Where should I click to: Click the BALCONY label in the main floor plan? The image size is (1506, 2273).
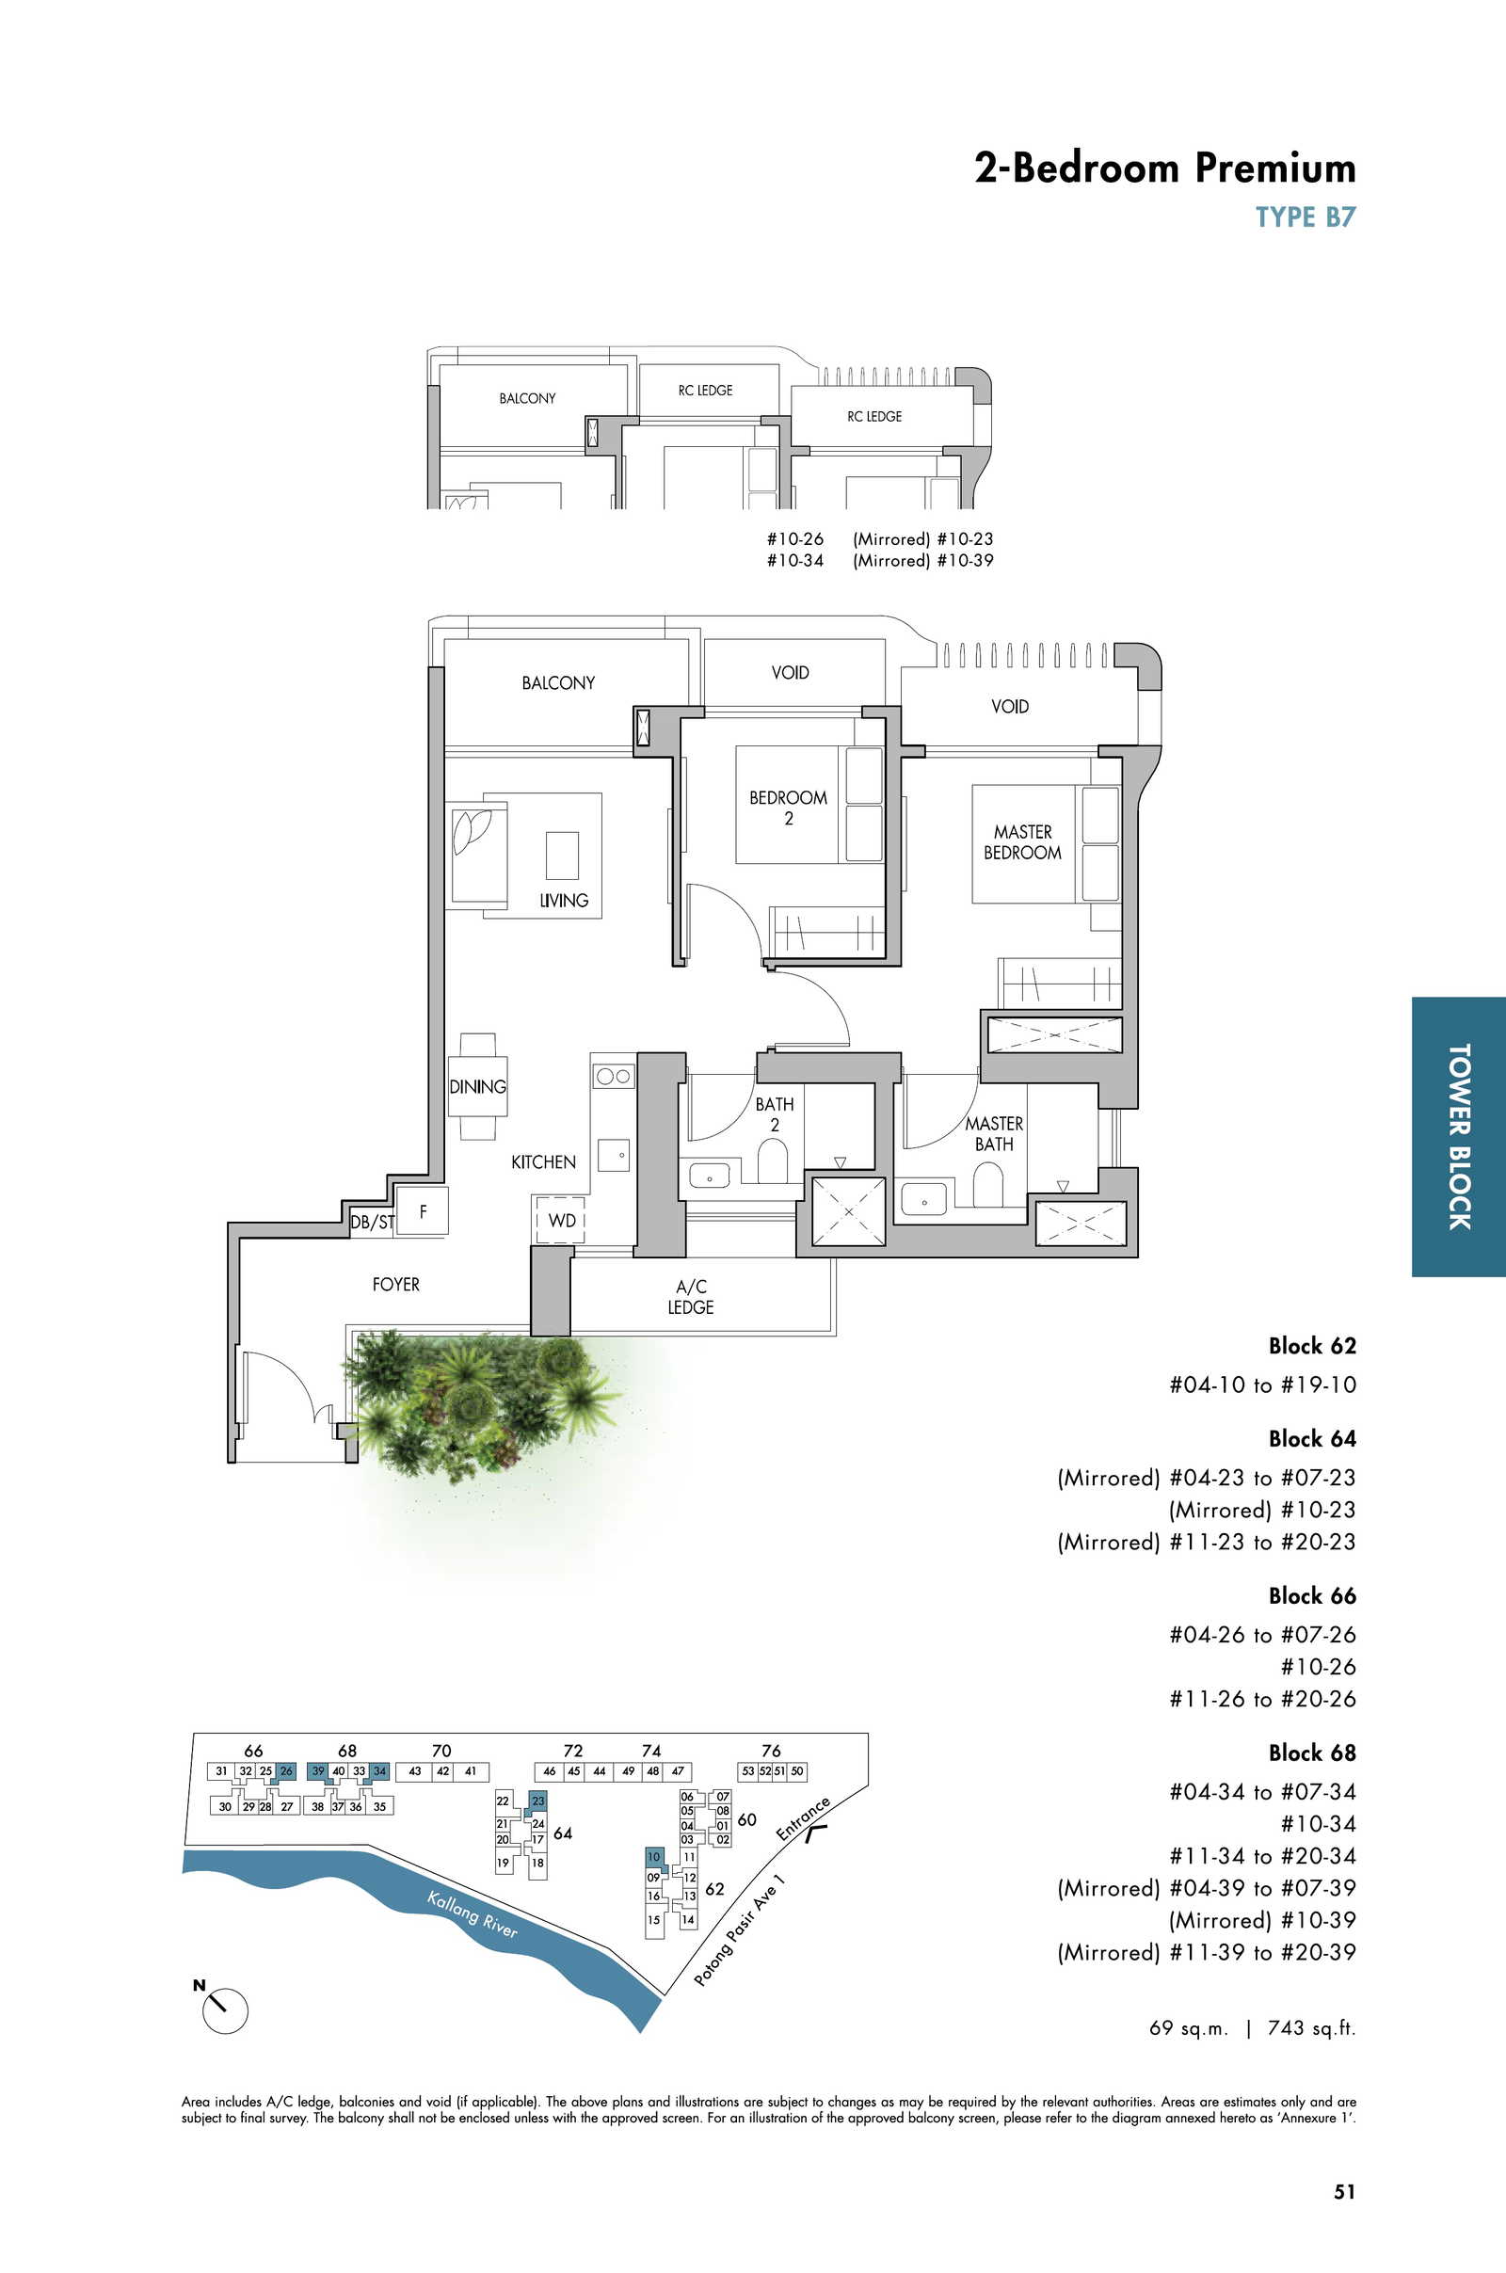coord(558,682)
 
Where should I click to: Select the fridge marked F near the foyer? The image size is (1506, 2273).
coord(423,1211)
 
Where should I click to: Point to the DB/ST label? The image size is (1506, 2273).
coord(372,1223)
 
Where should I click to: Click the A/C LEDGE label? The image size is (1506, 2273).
coord(691,1296)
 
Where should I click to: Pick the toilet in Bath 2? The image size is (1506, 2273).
coord(773,1161)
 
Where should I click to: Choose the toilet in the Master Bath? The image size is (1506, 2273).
coord(987,1184)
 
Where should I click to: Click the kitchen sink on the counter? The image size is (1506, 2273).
coord(614,1155)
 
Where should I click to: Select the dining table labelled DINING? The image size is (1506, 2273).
coord(477,1086)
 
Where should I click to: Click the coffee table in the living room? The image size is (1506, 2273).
coord(563,856)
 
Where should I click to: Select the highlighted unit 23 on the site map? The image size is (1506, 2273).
coord(537,1801)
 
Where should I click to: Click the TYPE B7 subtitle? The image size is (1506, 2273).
coord(1306,217)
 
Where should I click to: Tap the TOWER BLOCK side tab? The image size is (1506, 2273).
coord(1459,1137)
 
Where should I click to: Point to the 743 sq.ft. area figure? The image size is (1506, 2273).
coord(1312,2028)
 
